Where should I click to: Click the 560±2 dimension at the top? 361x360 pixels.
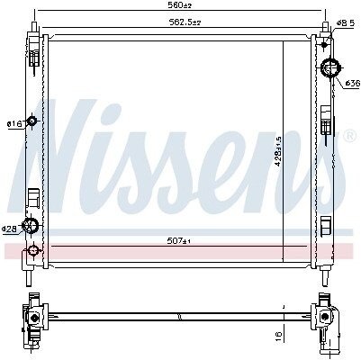[x=180, y=5]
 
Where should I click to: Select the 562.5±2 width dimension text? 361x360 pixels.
[x=185, y=22]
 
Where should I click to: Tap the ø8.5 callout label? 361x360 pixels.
[x=345, y=22]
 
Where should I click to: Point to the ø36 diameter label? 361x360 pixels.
[x=352, y=83]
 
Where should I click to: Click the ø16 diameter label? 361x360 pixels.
[x=14, y=123]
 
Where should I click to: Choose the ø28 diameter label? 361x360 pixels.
[x=9, y=229]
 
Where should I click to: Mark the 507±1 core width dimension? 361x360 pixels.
[x=179, y=240]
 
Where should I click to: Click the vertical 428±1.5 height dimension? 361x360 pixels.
[x=278, y=151]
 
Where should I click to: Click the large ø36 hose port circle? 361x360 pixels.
[x=330, y=68]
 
